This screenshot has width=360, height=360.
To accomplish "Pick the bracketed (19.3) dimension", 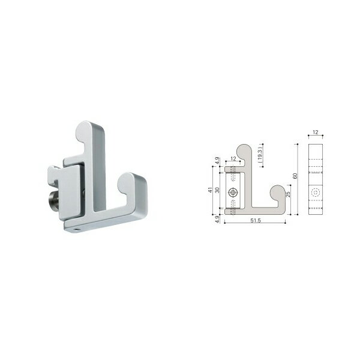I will [x=260, y=154].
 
